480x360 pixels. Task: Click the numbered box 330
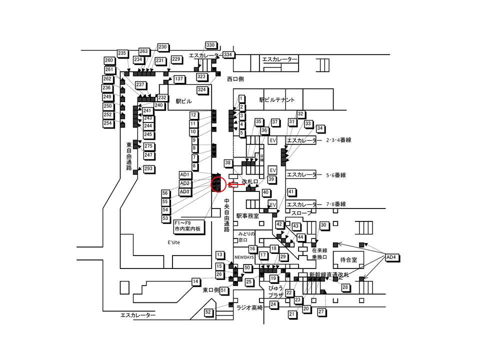point(210,45)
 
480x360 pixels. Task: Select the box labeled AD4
point(392,257)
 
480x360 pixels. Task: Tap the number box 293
point(148,169)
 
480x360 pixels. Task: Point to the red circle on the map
point(217,184)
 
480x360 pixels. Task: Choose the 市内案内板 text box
point(187,229)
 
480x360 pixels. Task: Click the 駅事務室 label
point(247,216)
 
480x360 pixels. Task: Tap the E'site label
point(173,242)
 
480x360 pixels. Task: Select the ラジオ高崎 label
point(249,308)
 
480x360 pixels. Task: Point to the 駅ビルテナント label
point(277,100)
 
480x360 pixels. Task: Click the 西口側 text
point(234,78)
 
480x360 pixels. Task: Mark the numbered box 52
point(208,312)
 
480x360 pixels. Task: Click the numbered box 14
point(195,281)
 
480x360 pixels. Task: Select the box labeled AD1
point(185,174)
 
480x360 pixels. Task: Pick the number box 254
point(108,123)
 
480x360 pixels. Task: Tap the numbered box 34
point(320,128)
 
